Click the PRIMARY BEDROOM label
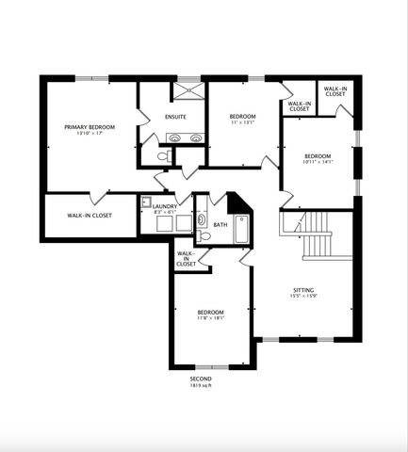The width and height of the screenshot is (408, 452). pos(90,126)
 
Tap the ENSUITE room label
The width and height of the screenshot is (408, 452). pos(175,117)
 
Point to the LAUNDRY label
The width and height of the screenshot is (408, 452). pos(165,204)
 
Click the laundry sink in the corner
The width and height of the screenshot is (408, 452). pos(147,201)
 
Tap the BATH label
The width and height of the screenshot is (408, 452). pos(220,225)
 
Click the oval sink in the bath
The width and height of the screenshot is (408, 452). pos(202,221)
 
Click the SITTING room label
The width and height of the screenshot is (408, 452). pos(302,290)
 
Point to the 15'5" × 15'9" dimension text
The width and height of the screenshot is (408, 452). pos(302,298)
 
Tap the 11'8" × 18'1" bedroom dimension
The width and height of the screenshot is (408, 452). pos(210,319)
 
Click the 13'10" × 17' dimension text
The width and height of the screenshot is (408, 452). pos(90,133)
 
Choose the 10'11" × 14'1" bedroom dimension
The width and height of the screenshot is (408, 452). pos(318,162)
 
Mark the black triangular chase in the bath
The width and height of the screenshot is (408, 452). pos(236,202)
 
